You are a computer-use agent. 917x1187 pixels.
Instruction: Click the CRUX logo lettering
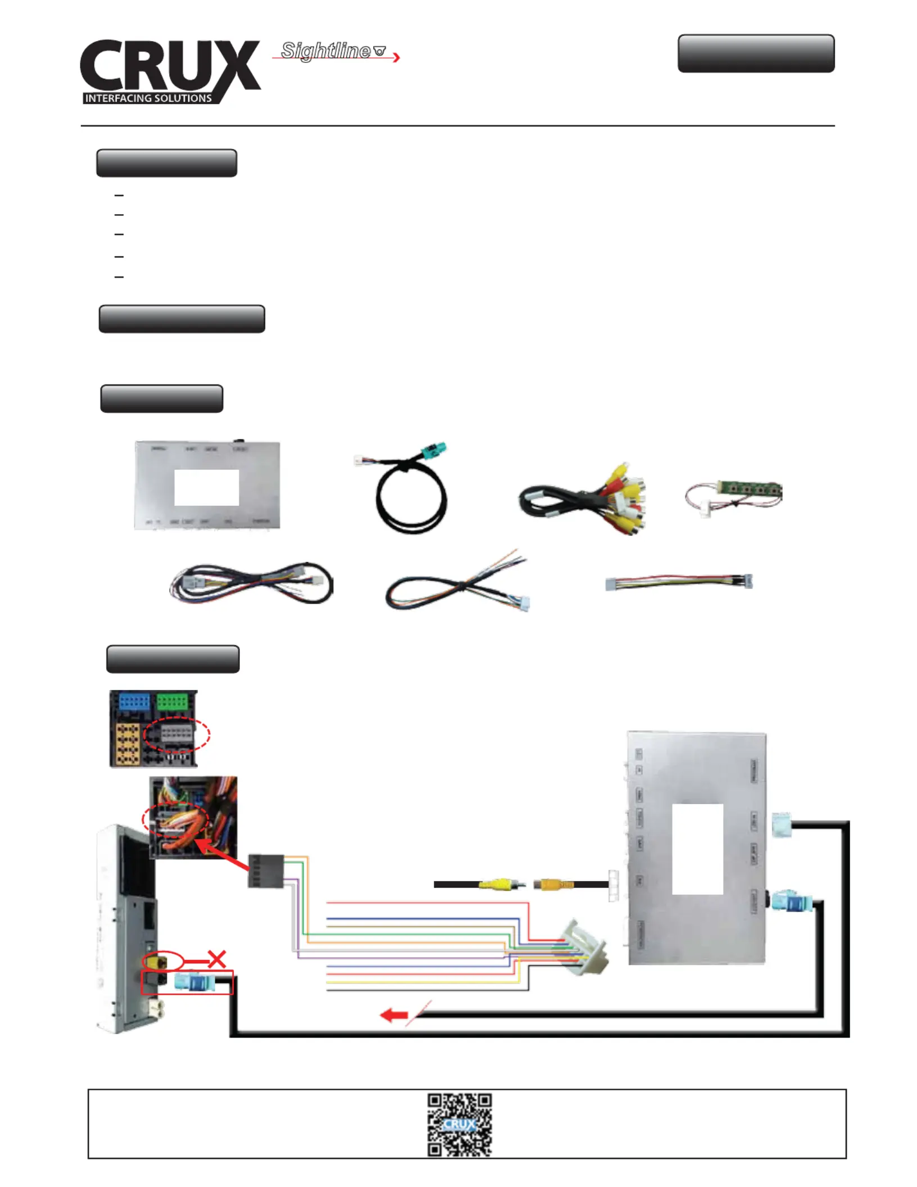(169, 66)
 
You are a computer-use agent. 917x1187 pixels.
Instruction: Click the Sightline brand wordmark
(326, 51)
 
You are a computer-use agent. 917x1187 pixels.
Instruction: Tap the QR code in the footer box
(459, 1125)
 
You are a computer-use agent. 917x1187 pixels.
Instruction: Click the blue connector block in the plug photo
(134, 703)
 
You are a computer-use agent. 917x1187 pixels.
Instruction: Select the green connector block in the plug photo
(172, 702)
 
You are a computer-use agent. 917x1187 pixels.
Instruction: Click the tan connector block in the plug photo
(128, 745)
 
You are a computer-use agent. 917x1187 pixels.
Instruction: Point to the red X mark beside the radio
(217, 959)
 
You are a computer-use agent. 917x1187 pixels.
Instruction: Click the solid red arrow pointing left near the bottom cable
(394, 1016)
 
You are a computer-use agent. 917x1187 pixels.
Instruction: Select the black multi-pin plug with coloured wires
(266, 871)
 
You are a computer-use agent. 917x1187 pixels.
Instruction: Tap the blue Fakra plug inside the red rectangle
(194, 983)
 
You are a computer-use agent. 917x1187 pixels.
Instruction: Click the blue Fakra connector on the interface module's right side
(793, 904)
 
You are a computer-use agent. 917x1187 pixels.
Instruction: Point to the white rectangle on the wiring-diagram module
(697, 849)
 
